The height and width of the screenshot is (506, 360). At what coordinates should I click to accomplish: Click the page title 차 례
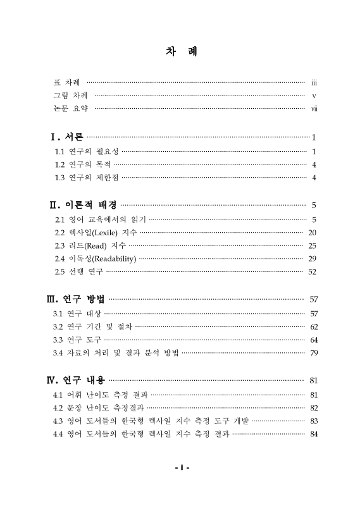coord(180,51)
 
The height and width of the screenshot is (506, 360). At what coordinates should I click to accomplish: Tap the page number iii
coord(313,82)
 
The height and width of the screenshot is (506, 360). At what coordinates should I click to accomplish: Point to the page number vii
coord(313,109)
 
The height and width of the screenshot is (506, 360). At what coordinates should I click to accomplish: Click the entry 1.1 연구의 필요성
coord(87,152)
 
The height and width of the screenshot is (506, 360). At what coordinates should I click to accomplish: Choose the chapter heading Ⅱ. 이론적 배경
coord(83,205)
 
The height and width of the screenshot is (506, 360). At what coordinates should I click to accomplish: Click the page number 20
coord(312,233)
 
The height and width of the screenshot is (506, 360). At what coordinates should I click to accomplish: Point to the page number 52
coord(312,272)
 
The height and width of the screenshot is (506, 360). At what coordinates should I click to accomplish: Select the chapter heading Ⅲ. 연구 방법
coord(78,299)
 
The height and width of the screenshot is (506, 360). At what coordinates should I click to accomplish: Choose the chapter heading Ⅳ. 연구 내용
coord(78,380)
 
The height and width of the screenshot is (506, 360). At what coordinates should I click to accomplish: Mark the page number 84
coord(312,434)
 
